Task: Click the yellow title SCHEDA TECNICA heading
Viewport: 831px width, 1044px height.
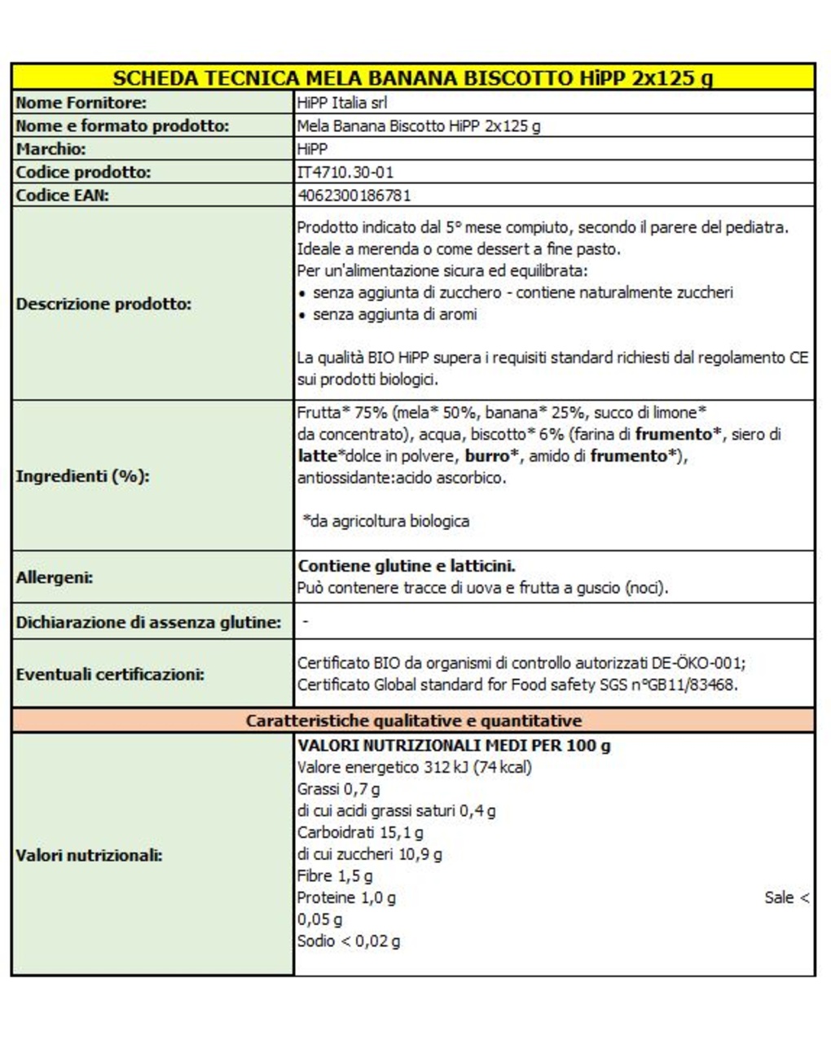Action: click(x=412, y=78)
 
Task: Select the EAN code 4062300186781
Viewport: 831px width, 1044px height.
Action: click(x=354, y=195)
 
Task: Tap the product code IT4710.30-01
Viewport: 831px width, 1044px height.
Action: click(x=345, y=173)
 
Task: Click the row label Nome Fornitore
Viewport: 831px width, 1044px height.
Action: click(x=81, y=103)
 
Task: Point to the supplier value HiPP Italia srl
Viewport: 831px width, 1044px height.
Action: click(x=342, y=103)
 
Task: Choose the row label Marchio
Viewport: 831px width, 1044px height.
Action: click(x=51, y=149)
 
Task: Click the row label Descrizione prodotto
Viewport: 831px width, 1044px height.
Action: click(x=103, y=304)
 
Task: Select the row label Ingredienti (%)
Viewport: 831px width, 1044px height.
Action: click(x=82, y=476)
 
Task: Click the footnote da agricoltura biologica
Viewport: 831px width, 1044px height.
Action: click(x=386, y=521)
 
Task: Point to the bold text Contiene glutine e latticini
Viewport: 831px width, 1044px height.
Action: click(x=407, y=566)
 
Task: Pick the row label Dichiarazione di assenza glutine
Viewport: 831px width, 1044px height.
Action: click(x=148, y=622)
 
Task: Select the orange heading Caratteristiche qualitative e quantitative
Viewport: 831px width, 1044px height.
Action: click(x=414, y=721)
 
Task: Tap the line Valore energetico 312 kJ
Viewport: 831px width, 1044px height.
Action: click(x=414, y=767)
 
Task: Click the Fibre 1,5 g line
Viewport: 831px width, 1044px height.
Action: click(x=335, y=876)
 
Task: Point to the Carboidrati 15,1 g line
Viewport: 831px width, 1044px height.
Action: click(x=360, y=832)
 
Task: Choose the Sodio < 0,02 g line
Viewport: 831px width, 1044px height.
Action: click(x=349, y=941)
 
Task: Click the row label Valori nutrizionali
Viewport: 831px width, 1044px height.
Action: click(x=89, y=855)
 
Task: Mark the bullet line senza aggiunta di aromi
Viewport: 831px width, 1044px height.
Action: click(x=394, y=314)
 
